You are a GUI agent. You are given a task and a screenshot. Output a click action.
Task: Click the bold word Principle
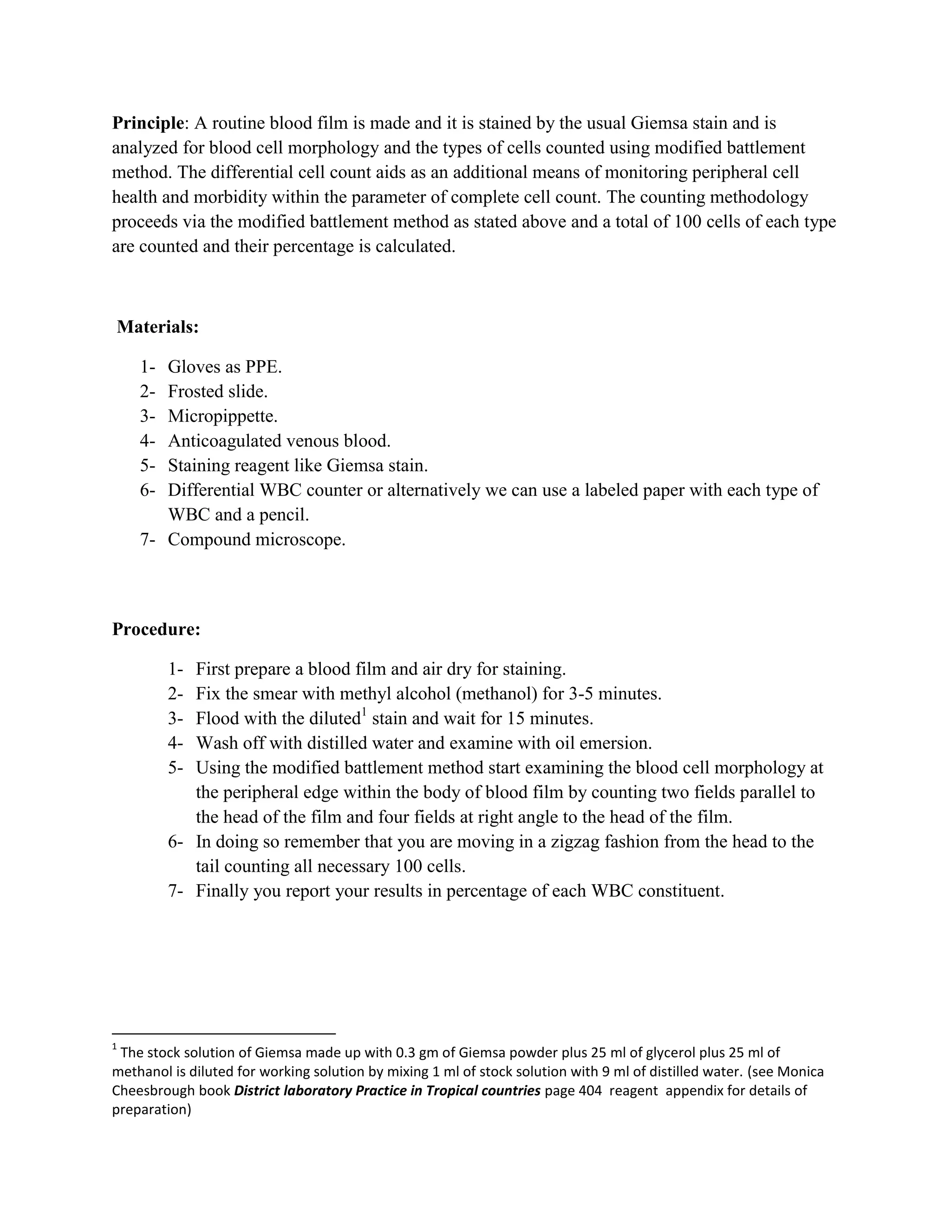click(148, 123)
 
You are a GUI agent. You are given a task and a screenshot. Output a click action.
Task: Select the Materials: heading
click(158, 327)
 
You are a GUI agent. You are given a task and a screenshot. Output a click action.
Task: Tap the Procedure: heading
click(156, 629)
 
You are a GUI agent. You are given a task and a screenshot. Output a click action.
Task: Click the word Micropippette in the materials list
click(222, 416)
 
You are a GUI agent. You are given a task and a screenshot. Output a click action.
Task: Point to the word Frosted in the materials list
click(195, 391)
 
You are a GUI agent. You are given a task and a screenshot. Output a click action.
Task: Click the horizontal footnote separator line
click(224, 1034)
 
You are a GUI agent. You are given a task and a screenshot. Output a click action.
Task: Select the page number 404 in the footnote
click(590, 1090)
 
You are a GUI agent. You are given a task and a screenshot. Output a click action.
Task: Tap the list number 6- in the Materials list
click(147, 491)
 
